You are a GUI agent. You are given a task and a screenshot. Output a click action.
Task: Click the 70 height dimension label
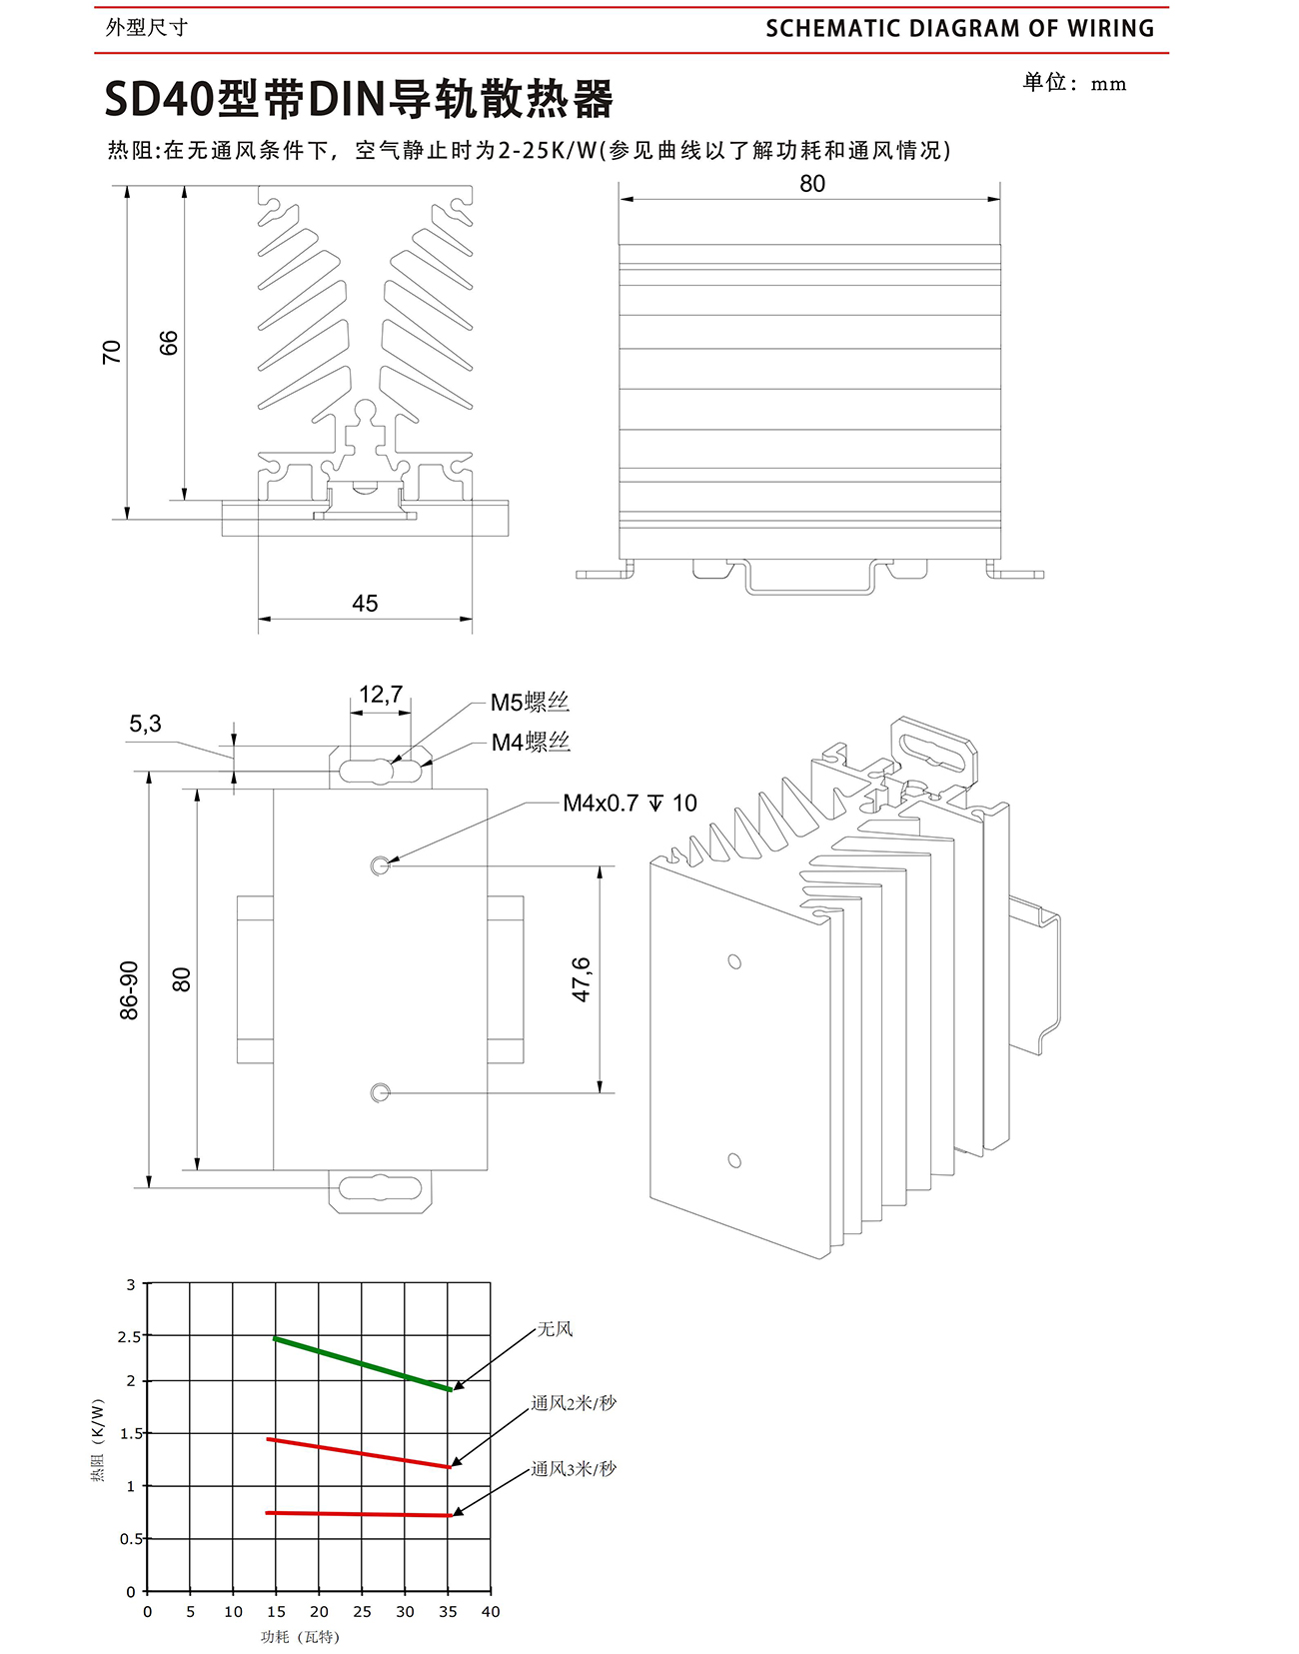tap(112, 352)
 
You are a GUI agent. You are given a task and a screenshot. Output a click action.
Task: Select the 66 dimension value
tap(168, 343)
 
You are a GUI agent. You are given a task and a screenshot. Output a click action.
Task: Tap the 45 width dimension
tap(365, 604)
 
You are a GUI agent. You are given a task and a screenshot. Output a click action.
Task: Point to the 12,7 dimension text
tap(381, 695)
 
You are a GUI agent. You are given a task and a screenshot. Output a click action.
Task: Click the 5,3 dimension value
tap(145, 724)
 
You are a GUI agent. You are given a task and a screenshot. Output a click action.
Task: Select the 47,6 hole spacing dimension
tap(582, 979)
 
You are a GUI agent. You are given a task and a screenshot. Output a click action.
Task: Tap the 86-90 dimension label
tap(130, 990)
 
